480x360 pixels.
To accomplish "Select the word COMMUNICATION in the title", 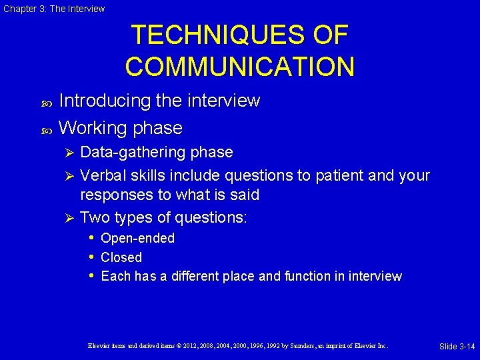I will (239, 67).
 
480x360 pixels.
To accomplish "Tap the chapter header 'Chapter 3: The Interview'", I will (54, 9).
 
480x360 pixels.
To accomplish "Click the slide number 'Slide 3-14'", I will (457, 346).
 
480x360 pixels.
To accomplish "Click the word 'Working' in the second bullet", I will (93, 127).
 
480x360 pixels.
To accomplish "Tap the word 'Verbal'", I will (101, 176).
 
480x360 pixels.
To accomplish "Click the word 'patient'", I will (317, 176).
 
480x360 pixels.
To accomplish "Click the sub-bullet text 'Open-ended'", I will (137, 238).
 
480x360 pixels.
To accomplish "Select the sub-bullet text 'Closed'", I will (121, 257).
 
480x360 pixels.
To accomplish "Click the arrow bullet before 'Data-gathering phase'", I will (67, 153).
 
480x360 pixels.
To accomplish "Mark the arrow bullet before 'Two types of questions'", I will (67, 218).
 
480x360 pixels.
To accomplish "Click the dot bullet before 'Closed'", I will (90, 257).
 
